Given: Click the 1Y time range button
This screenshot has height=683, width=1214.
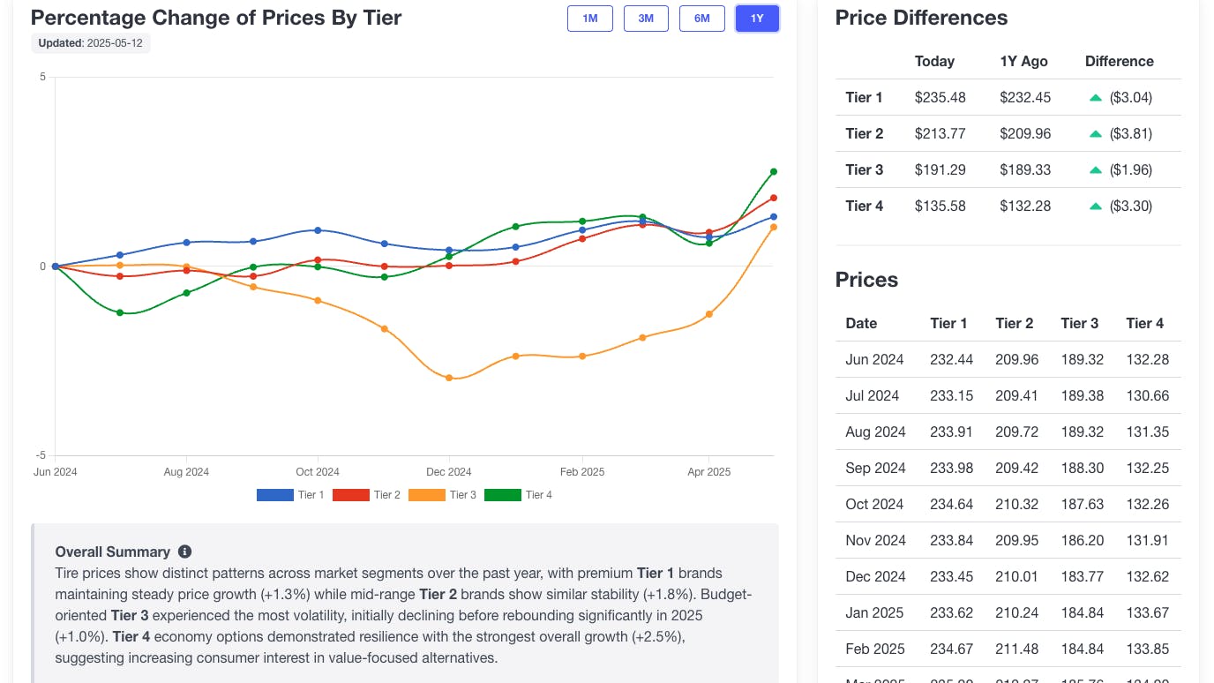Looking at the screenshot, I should coord(757,19).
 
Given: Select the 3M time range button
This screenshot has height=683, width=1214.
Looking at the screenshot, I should coord(646,19).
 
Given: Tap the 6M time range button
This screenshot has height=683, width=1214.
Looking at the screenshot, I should coord(702,19).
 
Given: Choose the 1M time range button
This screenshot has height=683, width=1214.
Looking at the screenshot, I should coord(590,19).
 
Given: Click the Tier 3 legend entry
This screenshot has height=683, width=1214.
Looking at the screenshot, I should coord(443,495).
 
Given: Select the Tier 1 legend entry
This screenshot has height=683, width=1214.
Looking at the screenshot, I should coord(290,495).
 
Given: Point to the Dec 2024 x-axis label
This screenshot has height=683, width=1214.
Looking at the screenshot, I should coord(449,472).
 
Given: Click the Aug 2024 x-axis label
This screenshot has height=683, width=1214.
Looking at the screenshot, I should coord(186,472).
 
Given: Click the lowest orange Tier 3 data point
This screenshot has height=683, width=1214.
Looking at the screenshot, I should coord(449,378).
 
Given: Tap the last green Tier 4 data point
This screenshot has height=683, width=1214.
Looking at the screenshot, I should coord(774,171).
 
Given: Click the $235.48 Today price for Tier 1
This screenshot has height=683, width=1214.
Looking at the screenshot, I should coord(940,97).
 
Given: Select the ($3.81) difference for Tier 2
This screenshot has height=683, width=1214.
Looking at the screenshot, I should coord(1130,133).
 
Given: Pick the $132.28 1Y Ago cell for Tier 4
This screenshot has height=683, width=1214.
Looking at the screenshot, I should coord(1024,206).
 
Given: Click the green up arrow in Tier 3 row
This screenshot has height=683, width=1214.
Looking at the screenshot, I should coord(1096,169).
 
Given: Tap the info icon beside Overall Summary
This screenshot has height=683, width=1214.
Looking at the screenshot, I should coord(184,552).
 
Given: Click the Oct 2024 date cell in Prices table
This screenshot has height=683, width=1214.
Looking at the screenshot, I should coord(874,504).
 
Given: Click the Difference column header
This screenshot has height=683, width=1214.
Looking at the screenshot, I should coord(1119,61).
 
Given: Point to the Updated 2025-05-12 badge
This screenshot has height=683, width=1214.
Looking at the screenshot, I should coord(91,43).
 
